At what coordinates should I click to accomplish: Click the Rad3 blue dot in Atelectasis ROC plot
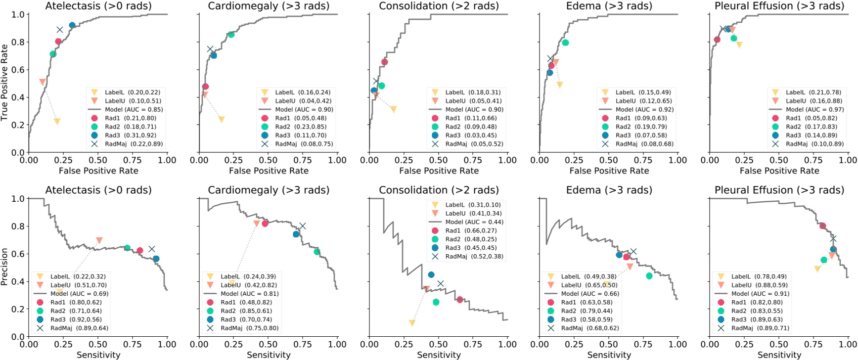pos(72,25)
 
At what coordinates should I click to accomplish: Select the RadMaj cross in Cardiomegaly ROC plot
pos(210,49)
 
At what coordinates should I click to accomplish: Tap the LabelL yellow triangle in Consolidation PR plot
pos(412,323)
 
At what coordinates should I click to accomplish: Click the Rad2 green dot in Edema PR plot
pos(649,276)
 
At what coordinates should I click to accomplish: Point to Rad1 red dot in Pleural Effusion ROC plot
pos(717,40)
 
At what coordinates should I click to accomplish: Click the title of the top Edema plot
pos(609,6)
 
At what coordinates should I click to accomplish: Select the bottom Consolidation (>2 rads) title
pos(439,190)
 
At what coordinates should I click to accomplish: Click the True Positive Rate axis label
pos(5,83)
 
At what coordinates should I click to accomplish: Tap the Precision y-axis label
pos(5,267)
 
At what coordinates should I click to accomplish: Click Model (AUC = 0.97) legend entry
pos(813,109)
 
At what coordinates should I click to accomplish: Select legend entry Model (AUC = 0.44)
pos(474,222)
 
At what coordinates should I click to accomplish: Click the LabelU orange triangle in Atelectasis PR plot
pos(99,240)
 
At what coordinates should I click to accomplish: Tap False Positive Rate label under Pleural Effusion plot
pos(779,171)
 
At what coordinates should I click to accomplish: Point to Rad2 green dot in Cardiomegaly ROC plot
pos(231,35)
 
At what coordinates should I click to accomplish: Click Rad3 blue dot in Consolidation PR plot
pos(431,274)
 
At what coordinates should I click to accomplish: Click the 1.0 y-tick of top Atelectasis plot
pos(18,14)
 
